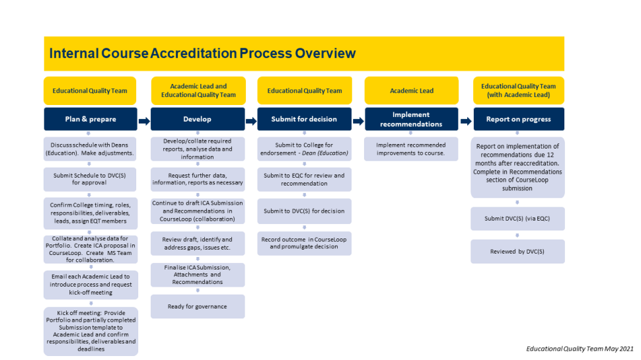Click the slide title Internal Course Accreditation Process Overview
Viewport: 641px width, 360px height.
pyautogui.click(x=202, y=54)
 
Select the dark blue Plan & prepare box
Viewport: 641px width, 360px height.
pyautogui.click(x=91, y=119)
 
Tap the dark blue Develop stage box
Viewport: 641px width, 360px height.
pyautogui.click(x=197, y=119)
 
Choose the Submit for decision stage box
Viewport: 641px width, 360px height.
pyautogui.click(x=304, y=119)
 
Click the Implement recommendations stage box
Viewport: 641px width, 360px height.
pyautogui.click(x=410, y=119)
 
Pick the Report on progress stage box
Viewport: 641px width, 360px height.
pyautogui.click(x=517, y=119)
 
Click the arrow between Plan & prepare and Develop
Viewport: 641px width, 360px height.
pyautogui.click(x=144, y=121)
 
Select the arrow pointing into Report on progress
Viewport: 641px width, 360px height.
pyautogui.click(x=465, y=121)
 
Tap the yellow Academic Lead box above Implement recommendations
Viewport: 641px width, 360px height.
pyautogui.click(x=410, y=90)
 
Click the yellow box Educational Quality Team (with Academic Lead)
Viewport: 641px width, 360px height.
pyautogui.click(x=517, y=90)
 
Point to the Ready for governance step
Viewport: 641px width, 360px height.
pyautogui.click(x=197, y=306)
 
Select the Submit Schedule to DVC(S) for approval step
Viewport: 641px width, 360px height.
pyautogui.click(x=91, y=178)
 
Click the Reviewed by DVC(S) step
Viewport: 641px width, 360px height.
pyautogui.click(x=517, y=252)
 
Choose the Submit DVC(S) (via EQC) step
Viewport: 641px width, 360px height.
pyautogui.click(x=517, y=219)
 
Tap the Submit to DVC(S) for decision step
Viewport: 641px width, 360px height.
pyautogui.click(x=304, y=211)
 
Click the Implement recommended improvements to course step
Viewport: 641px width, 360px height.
pyautogui.click(x=410, y=149)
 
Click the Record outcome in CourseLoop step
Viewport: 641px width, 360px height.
pyautogui.click(x=304, y=242)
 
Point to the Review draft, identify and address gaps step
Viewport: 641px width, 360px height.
pyautogui.click(x=197, y=243)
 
